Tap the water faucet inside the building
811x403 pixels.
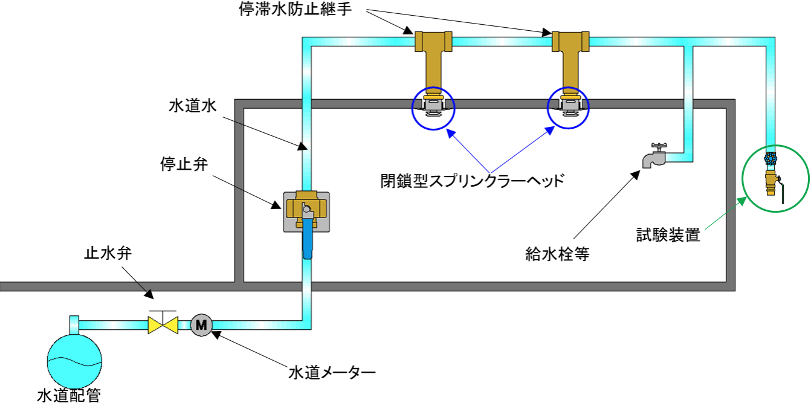(654, 156)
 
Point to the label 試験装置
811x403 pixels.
(668, 234)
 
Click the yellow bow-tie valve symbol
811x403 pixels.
(163, 325)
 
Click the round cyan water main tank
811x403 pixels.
(73, 359)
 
